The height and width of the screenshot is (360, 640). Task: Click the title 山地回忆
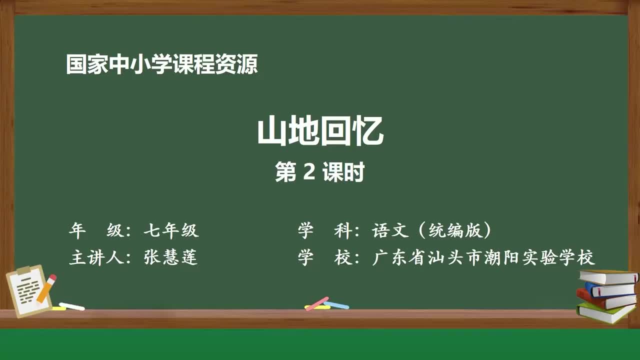(x=320, y=132)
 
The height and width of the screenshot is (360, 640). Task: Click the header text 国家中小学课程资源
(x=161, y=65)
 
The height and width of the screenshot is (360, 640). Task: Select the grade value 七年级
(x=171, y=230)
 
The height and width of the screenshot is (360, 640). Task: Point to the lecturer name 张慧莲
(x=171, y=257)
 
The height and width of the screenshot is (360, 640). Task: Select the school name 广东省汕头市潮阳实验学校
(x=483, y=257)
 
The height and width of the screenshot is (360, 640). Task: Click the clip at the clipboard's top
(x=23, y=270)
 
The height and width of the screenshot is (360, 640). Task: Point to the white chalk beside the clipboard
(x=71, y=306)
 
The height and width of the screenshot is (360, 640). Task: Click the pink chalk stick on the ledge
(x=317, y=303)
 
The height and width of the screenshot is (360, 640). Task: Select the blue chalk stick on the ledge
(x=336, y=305)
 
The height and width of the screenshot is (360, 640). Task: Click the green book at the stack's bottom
(x=605, y=312)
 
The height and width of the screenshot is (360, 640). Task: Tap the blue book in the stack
(x=610, y=289)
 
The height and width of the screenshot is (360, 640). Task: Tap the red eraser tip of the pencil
(x=52, y=277)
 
